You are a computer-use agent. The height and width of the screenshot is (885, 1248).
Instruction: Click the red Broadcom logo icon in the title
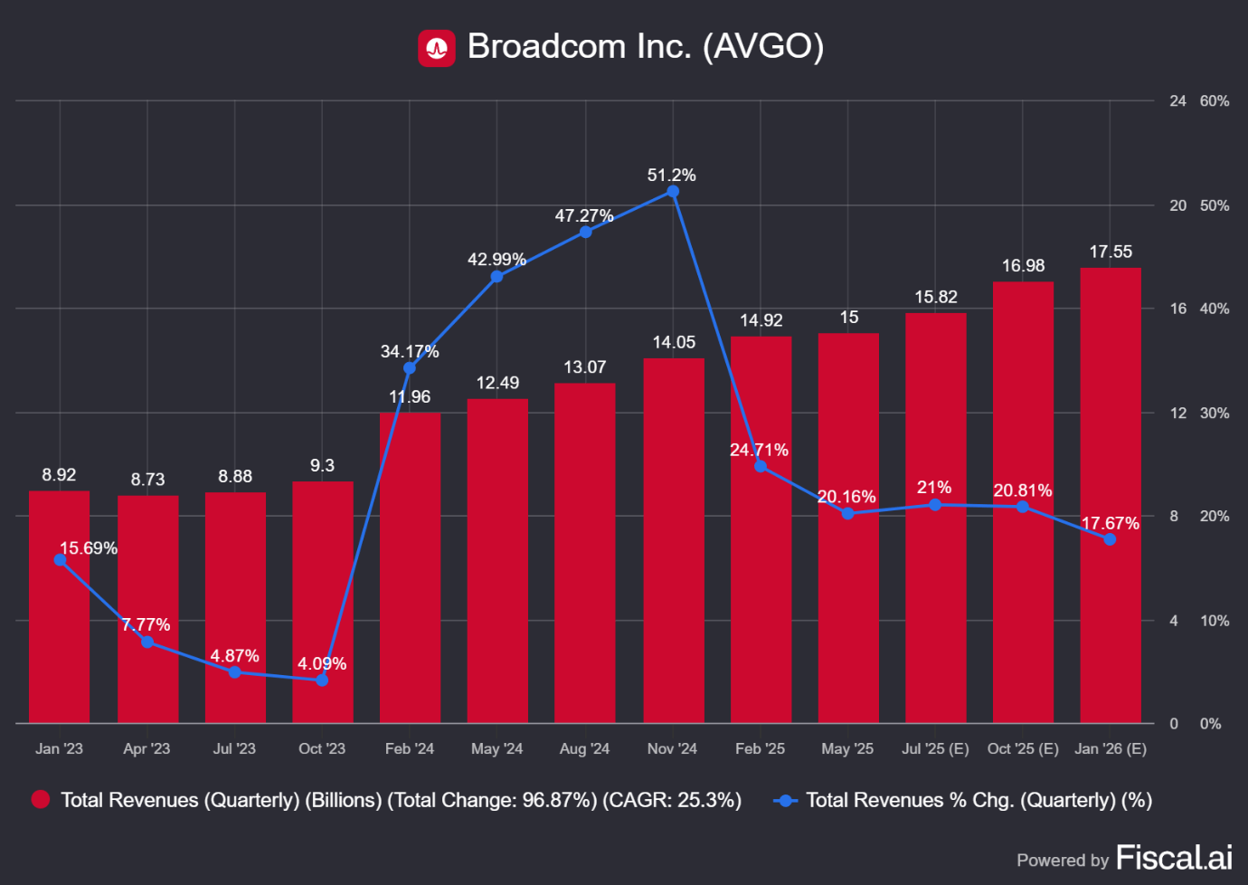pyautogui.click(x=437, y=48)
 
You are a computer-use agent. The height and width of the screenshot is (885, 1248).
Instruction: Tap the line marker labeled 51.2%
pyautogui.click(x=673, y=192)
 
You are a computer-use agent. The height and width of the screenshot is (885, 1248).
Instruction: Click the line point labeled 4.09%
pyautogui.click(x=322, y=680)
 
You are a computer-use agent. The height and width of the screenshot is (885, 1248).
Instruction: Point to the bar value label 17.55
pyautogui.click(x=1111, y=252)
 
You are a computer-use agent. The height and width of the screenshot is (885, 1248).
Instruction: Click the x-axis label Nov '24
pyautogui.click(x=672, y=748)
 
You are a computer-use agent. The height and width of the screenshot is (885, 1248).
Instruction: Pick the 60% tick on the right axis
pyautogui.click(x=1215, y=101)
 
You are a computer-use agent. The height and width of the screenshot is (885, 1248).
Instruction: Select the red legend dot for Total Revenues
pyautogui.click(x=41, y=799)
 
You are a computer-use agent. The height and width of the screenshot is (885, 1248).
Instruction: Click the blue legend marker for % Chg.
pyautogui.click(x=786, y=800)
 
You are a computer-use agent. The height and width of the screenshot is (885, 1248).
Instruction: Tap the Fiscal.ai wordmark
pyautogui.click(x=1174, y=858)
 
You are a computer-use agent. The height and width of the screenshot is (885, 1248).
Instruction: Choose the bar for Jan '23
pyautogui.click(x=60, y=606)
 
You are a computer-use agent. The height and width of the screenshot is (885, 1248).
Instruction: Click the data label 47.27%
pyautogui.click(x=584, y=216)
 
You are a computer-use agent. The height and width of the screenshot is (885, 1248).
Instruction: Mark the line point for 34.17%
pyautogui.click(x=410, y=368)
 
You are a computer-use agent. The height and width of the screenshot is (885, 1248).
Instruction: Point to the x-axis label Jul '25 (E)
pyautogui.click(x=935, y=748)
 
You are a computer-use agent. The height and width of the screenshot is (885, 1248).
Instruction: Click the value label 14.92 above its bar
pyautogui.click(x=761, y=320)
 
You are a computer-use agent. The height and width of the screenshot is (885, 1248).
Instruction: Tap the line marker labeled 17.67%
pyautogui.click(x=1110, y=539)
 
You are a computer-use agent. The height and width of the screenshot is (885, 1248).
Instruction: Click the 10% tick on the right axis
pyautogui.click(x=1215, y=621)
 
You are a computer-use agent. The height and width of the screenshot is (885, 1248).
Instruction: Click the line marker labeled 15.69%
pyautogui.click(x=60, y=560)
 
